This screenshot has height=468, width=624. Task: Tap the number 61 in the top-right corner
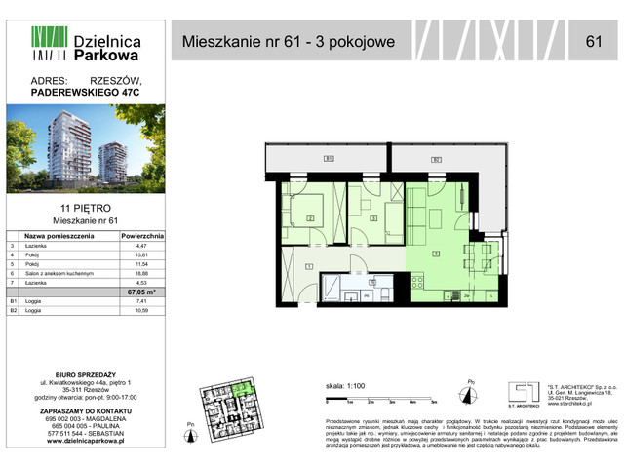pos(593,41)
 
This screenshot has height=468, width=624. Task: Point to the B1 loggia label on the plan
pos(329,158)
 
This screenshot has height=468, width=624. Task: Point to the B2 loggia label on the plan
pos(436,158)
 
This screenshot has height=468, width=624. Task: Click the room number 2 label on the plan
pos(310,218)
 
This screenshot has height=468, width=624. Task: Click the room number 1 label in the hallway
pos(309,266)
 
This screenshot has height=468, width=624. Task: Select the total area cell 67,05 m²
pos(146,292)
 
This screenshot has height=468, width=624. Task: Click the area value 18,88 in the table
pos(146,275)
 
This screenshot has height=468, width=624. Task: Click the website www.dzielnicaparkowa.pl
pos(87,442)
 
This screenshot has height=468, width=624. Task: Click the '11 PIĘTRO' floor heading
pos(88,209)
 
